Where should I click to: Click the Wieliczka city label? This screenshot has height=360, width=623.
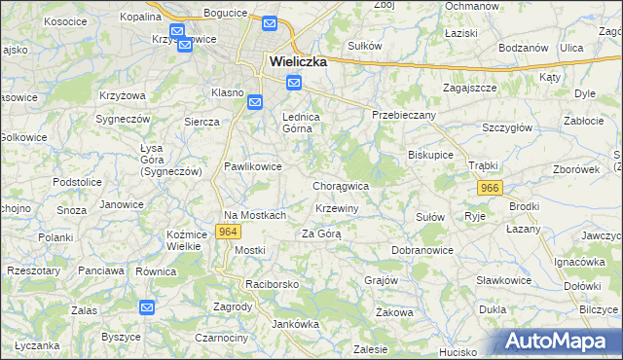297,60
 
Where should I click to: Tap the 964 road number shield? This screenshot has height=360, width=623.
229,232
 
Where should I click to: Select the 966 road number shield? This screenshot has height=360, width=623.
490,188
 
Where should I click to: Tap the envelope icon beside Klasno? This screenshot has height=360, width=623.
254,101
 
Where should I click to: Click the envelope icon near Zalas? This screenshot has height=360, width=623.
146,307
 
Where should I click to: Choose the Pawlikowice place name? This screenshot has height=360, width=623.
253,166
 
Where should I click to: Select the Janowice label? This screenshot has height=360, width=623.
122,204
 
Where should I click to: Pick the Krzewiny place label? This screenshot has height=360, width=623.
338,209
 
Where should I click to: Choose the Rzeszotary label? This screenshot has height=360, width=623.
33,270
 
